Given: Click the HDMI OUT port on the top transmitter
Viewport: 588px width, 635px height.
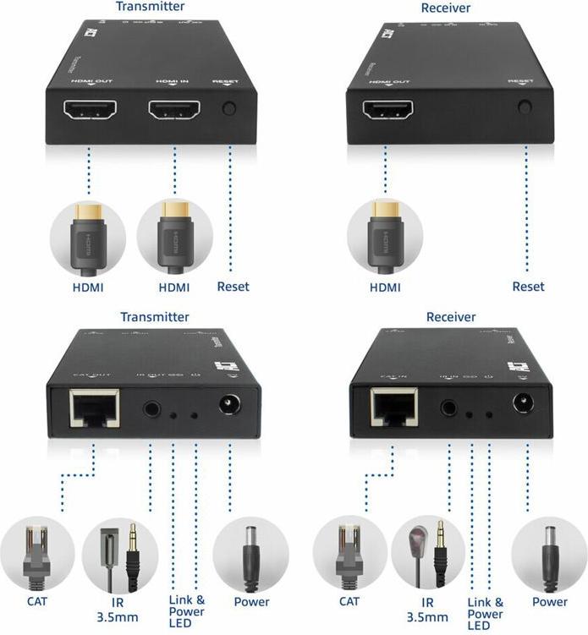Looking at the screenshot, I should click(x=88, y=111).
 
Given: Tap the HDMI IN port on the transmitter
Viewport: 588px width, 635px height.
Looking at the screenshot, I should click(x=175, y=111).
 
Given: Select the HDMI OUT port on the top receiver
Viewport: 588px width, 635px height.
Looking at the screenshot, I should click(x=387, y=111).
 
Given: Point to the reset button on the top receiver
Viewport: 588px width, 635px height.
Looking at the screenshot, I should click(x=525, y=107).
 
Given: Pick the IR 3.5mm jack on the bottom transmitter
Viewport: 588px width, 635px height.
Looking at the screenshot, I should click(x=151, y=408).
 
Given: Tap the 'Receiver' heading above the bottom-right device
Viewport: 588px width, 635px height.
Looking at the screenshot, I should click(x=451, y=317).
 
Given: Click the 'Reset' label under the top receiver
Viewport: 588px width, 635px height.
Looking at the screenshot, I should click(x=529, y=287).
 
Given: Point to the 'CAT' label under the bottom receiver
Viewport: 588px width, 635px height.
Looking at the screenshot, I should click(x=349, y=602).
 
